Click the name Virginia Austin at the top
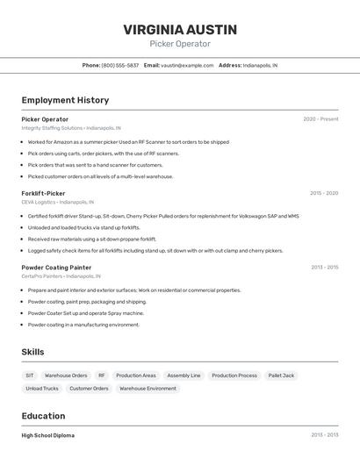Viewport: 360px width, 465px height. [180, 30]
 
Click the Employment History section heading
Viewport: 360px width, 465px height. [65, 100]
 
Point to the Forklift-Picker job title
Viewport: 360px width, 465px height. [43, 193]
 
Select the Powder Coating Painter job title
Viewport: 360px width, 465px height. [56, 267]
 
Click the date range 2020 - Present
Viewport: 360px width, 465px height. [320, 119]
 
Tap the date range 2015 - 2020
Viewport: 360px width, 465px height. [324, 193]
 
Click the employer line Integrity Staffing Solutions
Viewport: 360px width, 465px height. [71, 128]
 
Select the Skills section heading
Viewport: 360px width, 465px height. [32, 352]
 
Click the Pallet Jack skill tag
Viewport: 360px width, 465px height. [282, 376]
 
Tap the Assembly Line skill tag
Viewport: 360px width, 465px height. [184, 376]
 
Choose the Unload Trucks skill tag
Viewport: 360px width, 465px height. [42, 389]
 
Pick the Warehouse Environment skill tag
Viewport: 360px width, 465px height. [148, 389]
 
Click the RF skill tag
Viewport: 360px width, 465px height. [102, 376]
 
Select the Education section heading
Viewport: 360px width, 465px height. [43, 416]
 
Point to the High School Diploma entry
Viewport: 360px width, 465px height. [48, 435]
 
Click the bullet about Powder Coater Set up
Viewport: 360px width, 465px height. [85, 313]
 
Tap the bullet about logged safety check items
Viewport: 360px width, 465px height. [155, 251]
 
